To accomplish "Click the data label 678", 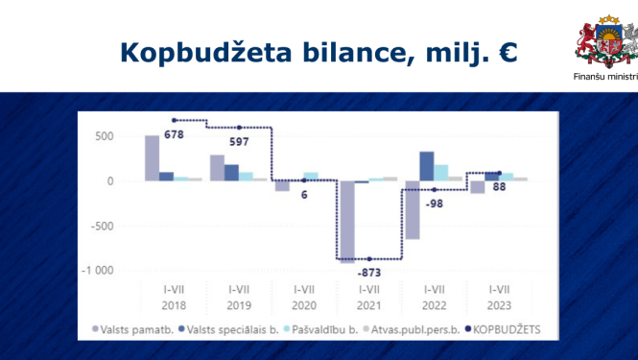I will pos(176,134).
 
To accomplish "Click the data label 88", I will pos(498,187).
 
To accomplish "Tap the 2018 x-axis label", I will pos(173,304).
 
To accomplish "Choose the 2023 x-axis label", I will pos(499,304).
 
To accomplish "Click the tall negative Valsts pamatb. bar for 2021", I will pos(347,221).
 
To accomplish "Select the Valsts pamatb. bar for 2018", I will pos(152,157).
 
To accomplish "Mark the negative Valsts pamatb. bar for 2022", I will pos(413,209).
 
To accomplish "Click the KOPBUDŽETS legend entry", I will pos(504,328).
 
